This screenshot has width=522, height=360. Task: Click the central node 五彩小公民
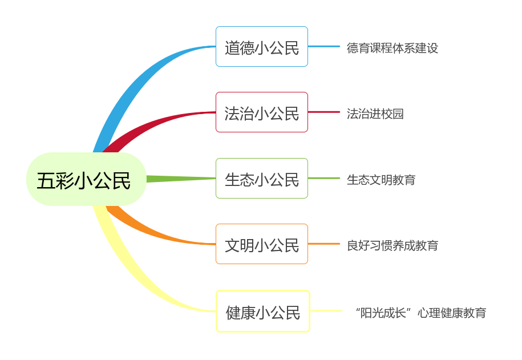point(86,179)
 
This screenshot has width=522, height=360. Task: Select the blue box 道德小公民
point(262,47)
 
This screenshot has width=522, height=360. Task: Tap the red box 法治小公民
point(262,112)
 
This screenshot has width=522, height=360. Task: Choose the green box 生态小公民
point(262,179)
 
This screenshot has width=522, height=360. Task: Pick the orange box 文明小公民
point(262,244)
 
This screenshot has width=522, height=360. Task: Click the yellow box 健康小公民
point(263,312)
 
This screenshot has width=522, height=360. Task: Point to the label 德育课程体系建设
point(392,48)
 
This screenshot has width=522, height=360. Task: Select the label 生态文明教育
point(381,180)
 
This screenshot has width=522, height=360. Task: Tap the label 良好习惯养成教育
point(392,246)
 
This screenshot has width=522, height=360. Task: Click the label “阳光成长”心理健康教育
point(421,313)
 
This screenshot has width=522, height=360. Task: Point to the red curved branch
point(150,125)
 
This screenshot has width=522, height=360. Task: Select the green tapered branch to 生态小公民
point(181,179)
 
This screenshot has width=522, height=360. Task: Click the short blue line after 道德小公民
point(324,47)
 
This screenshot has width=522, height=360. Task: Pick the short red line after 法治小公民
point(324,112)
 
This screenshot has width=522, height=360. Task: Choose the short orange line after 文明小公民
point(324,244)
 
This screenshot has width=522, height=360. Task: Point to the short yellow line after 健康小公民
point(326,311)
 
